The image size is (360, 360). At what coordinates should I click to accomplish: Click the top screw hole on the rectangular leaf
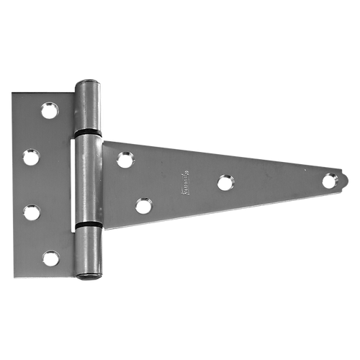coord(49,109)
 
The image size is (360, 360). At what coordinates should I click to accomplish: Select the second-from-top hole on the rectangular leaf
coord(32,156)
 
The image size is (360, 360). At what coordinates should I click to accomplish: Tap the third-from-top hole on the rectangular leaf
coord(32,210)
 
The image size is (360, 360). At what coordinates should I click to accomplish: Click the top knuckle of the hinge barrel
coord(87,105)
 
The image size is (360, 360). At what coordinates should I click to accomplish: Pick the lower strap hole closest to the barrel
coord(143,207)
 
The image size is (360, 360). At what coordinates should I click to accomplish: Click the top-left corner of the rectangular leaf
coord(12,91)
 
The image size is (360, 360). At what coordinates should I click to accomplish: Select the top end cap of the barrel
coord(86,81)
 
